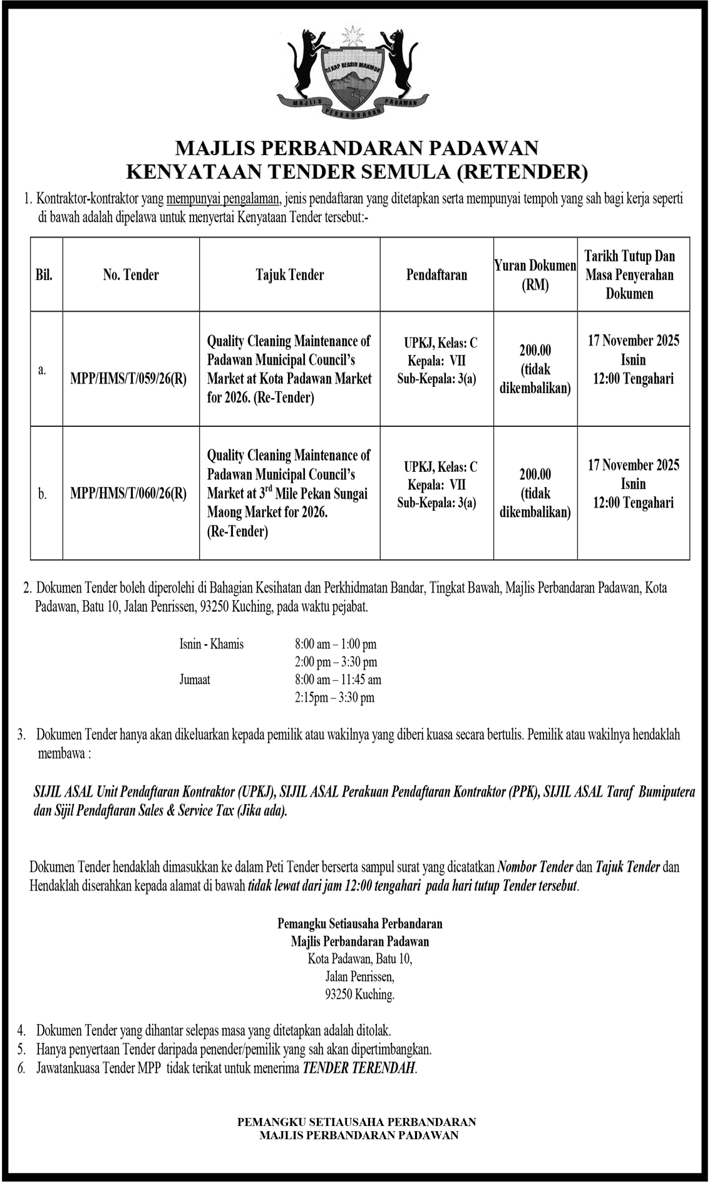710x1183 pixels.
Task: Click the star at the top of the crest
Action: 355,34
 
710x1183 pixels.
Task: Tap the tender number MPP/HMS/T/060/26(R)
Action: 128,493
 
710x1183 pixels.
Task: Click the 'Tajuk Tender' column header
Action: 290,274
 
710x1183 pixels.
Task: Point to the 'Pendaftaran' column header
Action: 436,274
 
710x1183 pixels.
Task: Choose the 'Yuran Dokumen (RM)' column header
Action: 535,275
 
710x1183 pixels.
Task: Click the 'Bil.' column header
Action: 44,274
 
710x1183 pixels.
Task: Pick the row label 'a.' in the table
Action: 42,369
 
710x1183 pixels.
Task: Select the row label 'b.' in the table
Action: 42,494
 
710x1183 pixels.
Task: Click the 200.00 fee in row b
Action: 535,474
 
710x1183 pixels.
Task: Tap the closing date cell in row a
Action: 633,360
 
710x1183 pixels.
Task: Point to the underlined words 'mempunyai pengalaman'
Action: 223,200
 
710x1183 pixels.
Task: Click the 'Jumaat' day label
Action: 195,680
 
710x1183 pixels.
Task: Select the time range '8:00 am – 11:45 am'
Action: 338,680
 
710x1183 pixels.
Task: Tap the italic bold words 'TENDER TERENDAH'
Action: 359,1068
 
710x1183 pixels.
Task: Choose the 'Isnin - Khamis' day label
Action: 212,644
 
